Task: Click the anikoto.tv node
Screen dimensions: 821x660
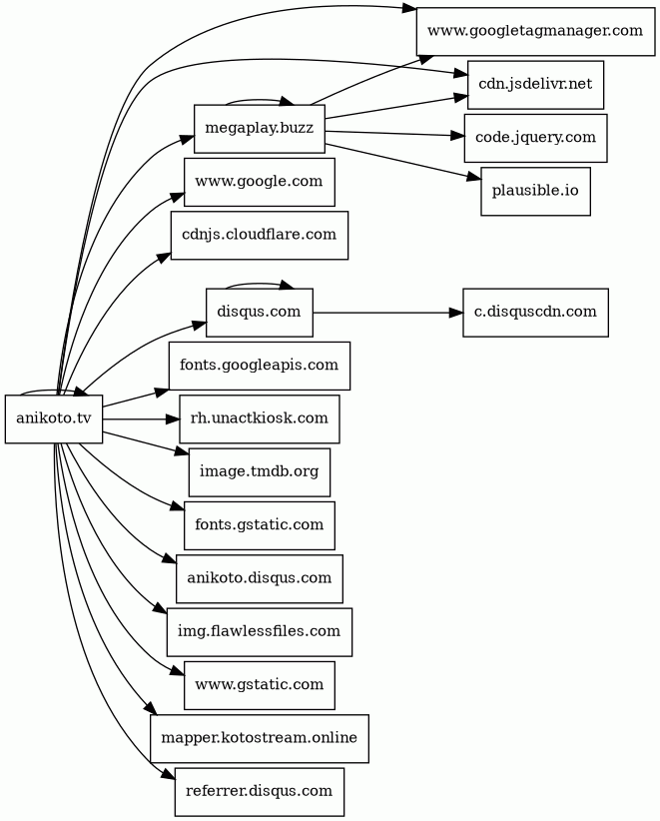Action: coord(54,418)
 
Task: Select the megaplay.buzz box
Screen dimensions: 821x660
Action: coord(260,129)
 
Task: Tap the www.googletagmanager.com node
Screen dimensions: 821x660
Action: coord(535,31)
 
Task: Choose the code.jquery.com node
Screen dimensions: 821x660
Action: coord(535,137)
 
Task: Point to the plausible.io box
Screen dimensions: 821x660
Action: coord(535,190)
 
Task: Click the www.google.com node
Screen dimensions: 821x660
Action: coord(260,182)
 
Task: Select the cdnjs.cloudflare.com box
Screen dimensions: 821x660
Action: coord(260,235)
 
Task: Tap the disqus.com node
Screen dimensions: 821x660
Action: coord(260,312)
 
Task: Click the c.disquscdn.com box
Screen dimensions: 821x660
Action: coord(535,312)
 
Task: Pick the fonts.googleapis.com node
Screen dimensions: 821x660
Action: coord(260,365)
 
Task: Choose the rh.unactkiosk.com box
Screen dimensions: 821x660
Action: coord(260,417)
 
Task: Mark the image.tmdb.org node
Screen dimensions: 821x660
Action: coord(260,470)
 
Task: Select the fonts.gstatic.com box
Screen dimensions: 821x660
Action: coord(260,523)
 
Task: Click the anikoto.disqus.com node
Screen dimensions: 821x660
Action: coord(260,576)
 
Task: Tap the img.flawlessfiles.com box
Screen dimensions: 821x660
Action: coord(260,631)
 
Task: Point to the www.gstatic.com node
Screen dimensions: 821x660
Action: coord(260,684)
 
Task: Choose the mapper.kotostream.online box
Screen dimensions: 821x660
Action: coord(260,738)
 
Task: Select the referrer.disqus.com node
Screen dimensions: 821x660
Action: coord(260,791)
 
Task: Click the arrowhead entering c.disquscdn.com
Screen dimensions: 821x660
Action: coord(456,312)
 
